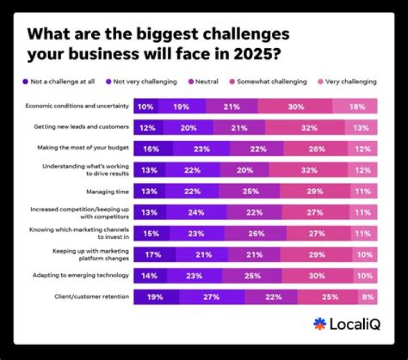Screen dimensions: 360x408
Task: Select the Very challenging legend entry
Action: point(352,82)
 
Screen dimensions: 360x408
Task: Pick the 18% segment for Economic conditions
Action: point(355,106)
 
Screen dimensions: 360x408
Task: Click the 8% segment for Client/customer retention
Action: point(367,297)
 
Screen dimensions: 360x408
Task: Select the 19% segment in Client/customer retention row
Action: point(156,297)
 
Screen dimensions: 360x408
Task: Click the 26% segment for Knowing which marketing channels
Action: point(255,233)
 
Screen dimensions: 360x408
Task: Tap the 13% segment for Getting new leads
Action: point(361,127)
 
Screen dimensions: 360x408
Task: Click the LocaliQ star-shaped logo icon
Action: point(320,324)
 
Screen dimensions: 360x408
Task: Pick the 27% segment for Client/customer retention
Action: point(212,297)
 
